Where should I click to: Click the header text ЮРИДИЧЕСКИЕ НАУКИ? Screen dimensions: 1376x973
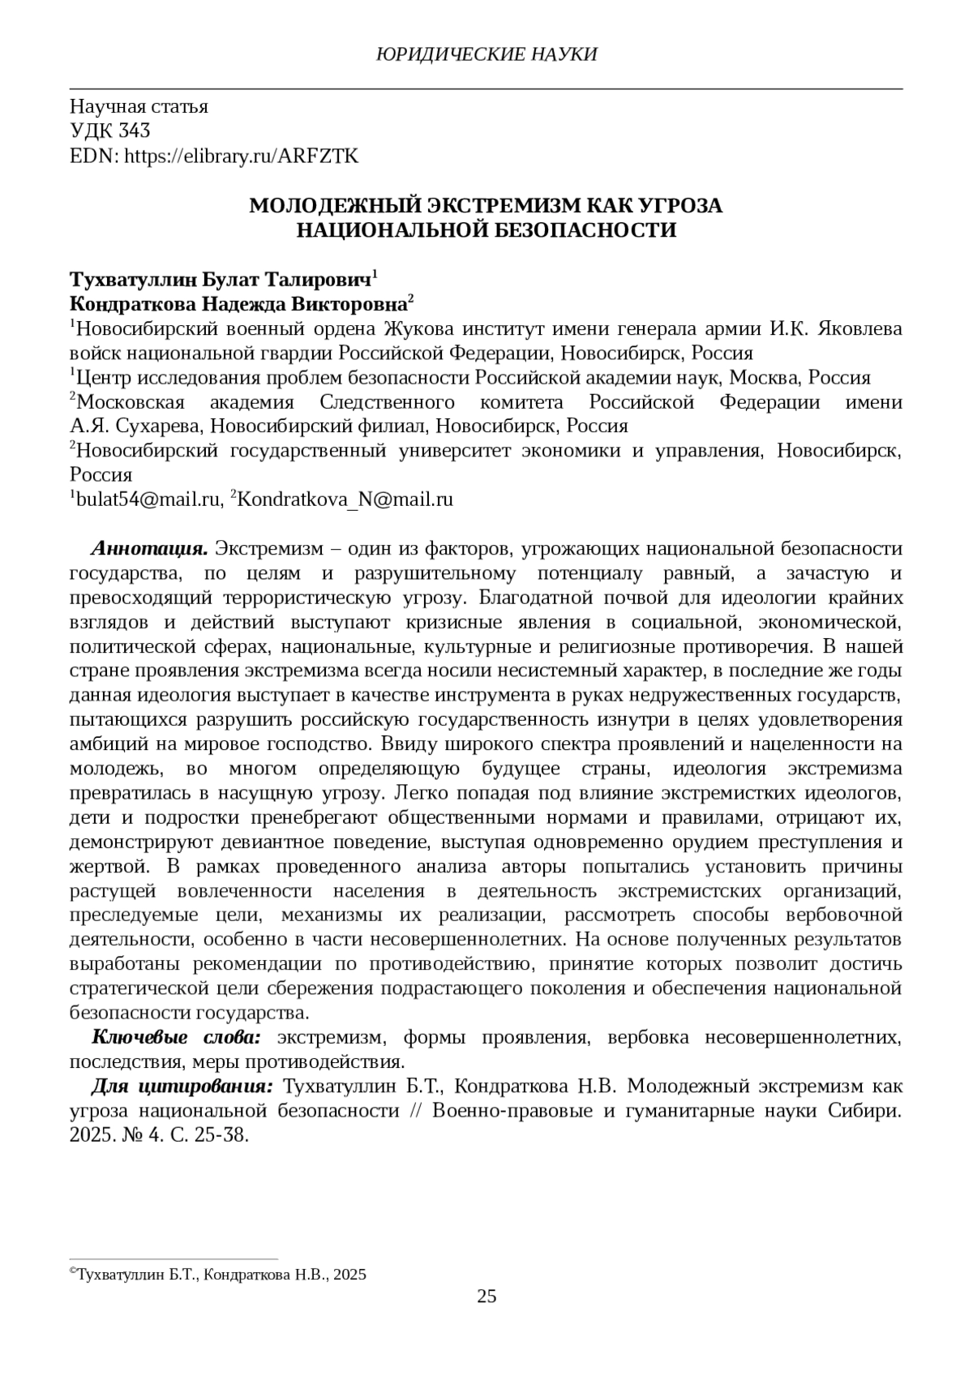click(486, 54)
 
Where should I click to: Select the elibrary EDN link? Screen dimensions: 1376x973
click(241, 156)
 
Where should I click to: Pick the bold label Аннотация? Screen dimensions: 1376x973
click(151, 549)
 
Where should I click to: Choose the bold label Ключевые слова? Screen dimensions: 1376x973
click(176, 1037)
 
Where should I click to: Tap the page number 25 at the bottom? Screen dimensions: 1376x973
click(486, 1296)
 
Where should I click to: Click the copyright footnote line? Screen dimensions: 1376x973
click(219, 1275)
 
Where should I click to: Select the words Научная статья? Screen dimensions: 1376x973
click(139, 106)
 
